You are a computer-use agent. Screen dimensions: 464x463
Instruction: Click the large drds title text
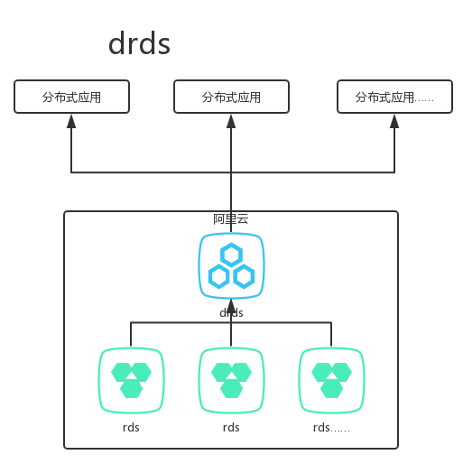(139, 43)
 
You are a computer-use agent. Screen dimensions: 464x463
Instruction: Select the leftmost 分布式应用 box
(72, 97)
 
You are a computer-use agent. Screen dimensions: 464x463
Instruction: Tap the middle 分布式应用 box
(231, 97)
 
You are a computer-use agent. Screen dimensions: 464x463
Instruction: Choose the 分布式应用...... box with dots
(394, 97)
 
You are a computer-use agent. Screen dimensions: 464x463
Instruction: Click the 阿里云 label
(230, 219)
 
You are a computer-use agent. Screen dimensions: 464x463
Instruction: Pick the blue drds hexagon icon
(231, 266)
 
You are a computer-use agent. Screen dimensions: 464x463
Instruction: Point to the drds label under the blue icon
(231, 313)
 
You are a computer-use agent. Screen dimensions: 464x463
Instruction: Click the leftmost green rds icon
(131, 380)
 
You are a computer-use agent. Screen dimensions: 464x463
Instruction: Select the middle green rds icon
(231, 380)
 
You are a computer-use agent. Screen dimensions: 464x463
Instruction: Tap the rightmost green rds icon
(331, 380)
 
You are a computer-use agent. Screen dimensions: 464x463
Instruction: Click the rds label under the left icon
(131, 427)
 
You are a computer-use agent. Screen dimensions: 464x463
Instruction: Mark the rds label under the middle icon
(231, 427)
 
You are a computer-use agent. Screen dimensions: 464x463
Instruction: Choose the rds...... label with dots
(331, 427)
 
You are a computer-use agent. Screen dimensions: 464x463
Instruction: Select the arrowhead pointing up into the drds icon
(231, 303)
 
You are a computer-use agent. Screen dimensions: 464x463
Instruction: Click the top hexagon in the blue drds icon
(231, 254)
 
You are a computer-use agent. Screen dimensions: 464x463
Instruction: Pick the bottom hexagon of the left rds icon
(131, 389)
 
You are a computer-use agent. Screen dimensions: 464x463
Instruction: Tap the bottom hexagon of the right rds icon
(331, 389)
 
